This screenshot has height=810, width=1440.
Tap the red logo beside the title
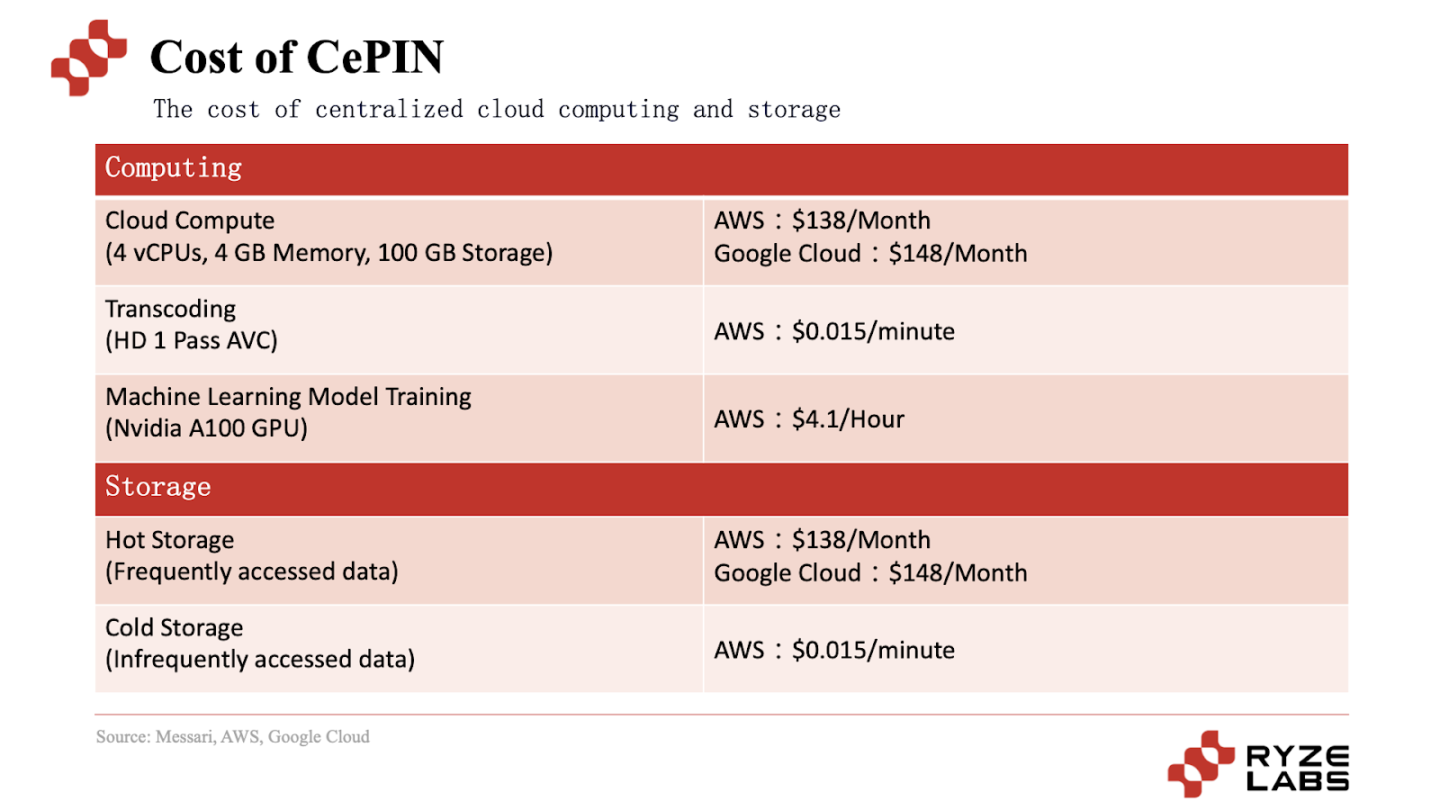88,58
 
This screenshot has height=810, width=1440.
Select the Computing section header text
174,168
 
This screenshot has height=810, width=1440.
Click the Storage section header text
158,487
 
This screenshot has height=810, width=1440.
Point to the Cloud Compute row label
190,220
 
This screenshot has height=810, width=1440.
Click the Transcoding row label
171,309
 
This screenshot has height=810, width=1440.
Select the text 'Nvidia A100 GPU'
207,428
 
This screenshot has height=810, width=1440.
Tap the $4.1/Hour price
848,419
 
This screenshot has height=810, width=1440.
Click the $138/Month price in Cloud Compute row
860,220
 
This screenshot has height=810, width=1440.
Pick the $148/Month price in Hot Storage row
958,573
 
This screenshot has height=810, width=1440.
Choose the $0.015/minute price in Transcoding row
873,331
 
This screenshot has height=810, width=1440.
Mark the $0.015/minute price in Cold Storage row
873,651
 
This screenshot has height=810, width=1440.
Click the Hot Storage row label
170,540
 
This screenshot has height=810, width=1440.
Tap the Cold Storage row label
175,627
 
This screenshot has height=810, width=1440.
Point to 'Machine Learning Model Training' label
289,397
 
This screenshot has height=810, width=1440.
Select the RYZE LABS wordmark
1297,768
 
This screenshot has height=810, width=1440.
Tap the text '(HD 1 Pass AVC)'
192,341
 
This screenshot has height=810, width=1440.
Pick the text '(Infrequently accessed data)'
260,660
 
